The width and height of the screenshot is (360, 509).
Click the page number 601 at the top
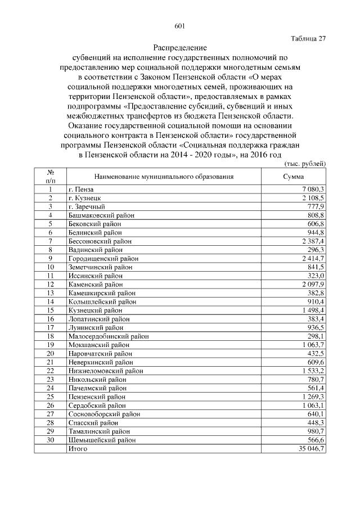[180, 26]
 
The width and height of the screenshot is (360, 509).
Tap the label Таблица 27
[308, 38]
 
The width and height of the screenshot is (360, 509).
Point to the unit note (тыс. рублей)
[303, 163]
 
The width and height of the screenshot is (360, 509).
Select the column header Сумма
[293, 176]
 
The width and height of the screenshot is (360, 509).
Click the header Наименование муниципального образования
[164, 176]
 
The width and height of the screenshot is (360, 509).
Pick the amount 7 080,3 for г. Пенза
[313, 190]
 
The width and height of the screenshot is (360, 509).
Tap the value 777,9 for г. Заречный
[316, 206]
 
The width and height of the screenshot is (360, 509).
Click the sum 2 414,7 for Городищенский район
[313, 258]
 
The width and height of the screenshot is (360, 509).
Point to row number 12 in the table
[51, 284]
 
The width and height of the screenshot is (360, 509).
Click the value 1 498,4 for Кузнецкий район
[313, 310]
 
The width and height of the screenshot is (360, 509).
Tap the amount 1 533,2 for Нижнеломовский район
[313, 371]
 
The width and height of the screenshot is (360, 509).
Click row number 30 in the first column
[51, 440]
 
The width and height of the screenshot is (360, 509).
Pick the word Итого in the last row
[78, 449]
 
